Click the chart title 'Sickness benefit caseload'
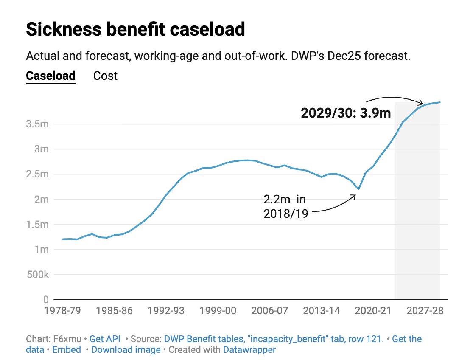tap(135, 30)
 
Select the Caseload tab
tap(50, 76)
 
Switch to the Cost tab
tap(105, 76)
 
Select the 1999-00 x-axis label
tap(218, 311)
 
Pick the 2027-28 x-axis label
tap(425, 311)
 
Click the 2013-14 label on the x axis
tap(321, 311)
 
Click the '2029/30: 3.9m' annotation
tap(346, 113)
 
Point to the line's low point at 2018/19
tap(358, 189)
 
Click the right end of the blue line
tap(440, 102)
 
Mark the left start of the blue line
tap(62, 239)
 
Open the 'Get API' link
tap(105, 339)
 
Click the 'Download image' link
tap(126, 350)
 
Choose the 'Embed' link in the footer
tap(67, 350)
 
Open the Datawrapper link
tap(249, 350)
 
